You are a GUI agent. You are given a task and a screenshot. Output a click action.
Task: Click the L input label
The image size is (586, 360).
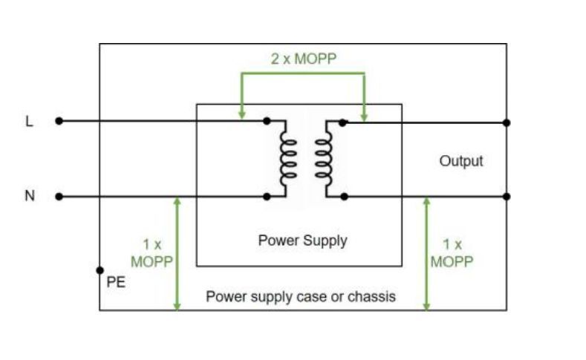30,121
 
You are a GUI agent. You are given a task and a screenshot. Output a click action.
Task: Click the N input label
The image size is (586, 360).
30,196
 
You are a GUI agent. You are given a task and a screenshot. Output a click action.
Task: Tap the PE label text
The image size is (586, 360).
117,282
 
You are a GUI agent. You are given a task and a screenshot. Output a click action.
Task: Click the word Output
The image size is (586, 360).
460,160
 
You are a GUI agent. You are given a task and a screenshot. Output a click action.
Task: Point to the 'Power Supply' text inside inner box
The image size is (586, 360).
302,240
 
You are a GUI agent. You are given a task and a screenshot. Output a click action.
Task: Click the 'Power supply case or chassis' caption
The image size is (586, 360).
301,296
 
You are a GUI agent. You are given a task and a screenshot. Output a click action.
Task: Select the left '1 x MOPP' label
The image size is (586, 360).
152,252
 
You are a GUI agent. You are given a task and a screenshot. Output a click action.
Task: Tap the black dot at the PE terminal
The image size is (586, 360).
100,271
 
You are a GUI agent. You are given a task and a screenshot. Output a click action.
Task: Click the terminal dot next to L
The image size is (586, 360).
59,121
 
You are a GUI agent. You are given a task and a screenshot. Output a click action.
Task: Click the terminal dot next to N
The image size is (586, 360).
59,197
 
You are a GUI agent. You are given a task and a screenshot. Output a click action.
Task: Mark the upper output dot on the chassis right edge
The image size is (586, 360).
507,122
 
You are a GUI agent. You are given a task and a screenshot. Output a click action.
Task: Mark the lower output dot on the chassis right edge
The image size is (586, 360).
507,197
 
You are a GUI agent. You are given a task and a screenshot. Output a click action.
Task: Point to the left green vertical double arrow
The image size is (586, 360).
177,252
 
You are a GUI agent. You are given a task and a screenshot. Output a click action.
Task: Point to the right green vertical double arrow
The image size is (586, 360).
426,252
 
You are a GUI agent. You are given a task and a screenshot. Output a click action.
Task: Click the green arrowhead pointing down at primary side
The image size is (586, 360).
241,114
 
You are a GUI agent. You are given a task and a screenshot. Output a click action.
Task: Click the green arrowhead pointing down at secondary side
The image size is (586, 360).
364,114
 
